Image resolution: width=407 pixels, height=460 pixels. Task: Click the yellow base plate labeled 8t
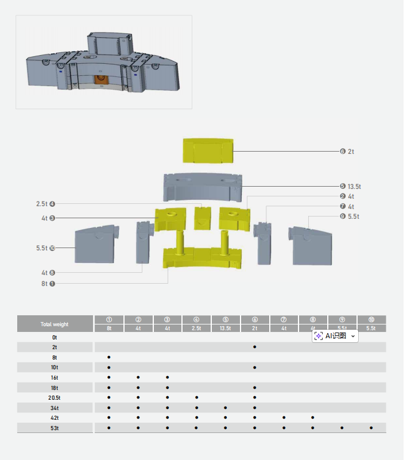tap(202, 258)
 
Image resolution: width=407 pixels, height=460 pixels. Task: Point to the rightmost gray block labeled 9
tap(312, 245)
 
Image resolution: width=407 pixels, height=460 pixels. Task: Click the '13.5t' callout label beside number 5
tap(354, 187)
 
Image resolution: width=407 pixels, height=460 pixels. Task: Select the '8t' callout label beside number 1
tap(45, 284)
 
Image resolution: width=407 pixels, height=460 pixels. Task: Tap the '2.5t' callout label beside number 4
tap(41, 204)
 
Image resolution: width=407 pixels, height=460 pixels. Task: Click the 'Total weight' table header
tap(55, 324)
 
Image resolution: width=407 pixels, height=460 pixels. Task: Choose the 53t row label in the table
tap(55, 428)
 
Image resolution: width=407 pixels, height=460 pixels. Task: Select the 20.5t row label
tap(55, 397)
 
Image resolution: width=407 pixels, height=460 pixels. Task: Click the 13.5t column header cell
tap(226, 328)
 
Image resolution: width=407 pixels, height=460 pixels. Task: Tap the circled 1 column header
tap(108, 319)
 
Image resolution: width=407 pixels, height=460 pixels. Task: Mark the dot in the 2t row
tap(254, 347)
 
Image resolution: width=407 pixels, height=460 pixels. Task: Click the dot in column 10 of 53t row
tap(371, 428)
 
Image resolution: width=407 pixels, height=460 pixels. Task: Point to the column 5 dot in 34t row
tap(226, 407)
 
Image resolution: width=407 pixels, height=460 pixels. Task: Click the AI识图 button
tap(335, 336)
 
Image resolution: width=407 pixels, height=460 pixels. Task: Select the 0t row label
tap(55, 338)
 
